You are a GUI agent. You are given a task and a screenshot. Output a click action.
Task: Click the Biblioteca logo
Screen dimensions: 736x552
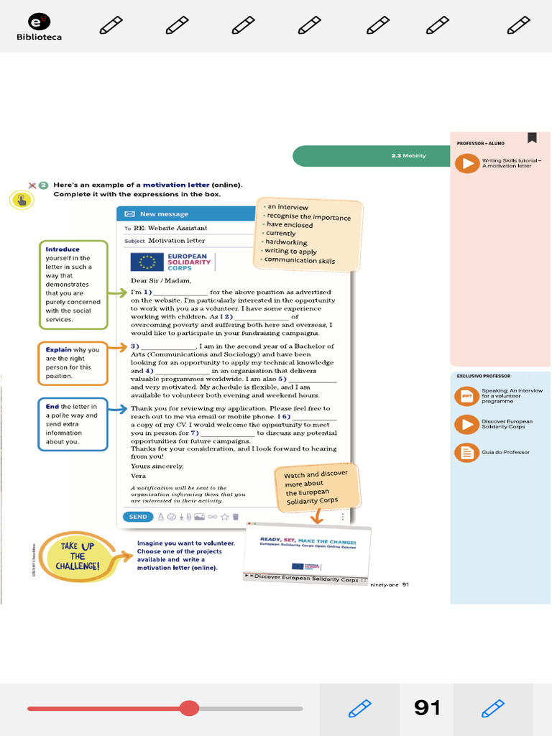[38, 27]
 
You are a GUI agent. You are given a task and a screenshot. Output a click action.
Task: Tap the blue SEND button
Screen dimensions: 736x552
[137, 516]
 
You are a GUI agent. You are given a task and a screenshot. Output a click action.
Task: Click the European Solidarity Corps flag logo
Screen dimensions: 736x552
[147, 262]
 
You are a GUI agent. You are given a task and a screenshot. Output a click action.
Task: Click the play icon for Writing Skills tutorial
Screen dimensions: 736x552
[467, 163]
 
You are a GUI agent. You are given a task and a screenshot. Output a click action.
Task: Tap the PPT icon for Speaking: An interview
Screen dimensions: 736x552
[467, 396]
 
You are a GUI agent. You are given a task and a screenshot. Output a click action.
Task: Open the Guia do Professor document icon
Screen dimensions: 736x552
[467, 452]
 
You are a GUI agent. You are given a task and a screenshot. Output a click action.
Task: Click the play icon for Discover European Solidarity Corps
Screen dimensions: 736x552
[467, 424]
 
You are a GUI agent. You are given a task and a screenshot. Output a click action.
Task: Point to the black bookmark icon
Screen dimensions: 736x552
[532, 137]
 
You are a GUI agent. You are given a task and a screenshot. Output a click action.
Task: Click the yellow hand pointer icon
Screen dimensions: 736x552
[22, 201]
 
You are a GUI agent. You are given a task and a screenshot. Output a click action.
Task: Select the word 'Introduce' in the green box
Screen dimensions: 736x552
[63, 249]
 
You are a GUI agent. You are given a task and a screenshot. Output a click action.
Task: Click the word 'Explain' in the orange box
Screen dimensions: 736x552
[59, 350]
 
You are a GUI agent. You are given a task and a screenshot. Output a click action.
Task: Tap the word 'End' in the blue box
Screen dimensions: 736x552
[52, 407]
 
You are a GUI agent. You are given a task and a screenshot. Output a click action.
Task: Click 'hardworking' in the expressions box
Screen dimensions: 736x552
[287, 242]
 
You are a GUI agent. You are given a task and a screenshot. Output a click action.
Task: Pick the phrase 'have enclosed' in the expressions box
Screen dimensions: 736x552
[290, 225]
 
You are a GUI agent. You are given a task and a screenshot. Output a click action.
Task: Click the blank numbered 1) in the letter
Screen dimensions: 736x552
[180, 293]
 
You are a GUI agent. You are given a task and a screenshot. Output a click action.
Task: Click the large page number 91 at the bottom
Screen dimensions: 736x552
[427, 708]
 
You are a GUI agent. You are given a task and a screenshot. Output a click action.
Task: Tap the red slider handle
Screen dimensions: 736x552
[189, 708]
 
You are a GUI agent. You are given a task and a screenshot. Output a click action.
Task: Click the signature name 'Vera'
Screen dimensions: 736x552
[138, 476]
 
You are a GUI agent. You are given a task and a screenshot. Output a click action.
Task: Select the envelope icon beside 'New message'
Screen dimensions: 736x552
[129, 213]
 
